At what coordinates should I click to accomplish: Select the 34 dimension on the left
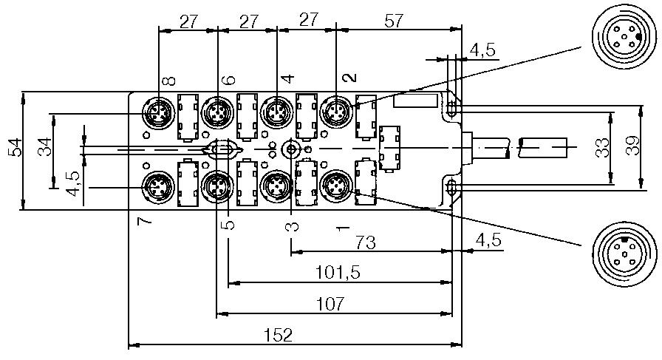pos(46,150)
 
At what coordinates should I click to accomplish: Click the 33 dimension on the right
pos(602,148)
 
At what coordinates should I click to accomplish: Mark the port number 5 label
pos(230,223)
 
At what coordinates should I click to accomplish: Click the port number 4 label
pos(288,78)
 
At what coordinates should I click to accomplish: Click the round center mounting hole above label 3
pos(292,149)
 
